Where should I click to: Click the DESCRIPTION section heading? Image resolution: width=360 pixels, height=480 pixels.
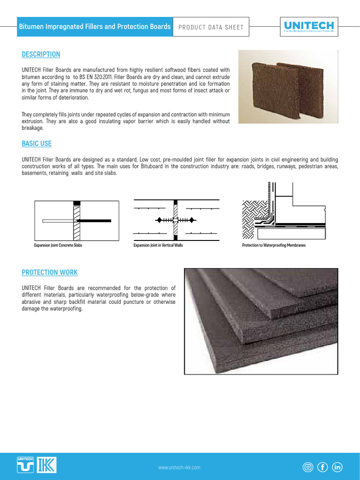[41, 54]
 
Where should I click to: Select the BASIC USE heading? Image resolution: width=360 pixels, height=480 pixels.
[37, 143]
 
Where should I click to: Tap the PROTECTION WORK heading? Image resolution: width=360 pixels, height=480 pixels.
[50, 272]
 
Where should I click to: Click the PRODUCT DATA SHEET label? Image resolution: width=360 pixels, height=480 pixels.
[210, 27]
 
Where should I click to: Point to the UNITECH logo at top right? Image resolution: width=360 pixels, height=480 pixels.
[309, 26]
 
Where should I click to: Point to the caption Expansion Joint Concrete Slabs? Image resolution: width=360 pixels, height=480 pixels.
[58, 245]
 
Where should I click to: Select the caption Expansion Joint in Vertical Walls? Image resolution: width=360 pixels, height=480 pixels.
[158, 245]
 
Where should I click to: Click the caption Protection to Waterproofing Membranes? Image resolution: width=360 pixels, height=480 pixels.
[274, 245]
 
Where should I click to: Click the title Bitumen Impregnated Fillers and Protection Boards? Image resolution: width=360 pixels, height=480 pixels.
[94, 27]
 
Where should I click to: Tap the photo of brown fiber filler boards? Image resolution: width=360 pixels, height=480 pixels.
[288, 87]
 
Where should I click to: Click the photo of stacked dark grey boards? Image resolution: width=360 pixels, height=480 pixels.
[261, 321]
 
